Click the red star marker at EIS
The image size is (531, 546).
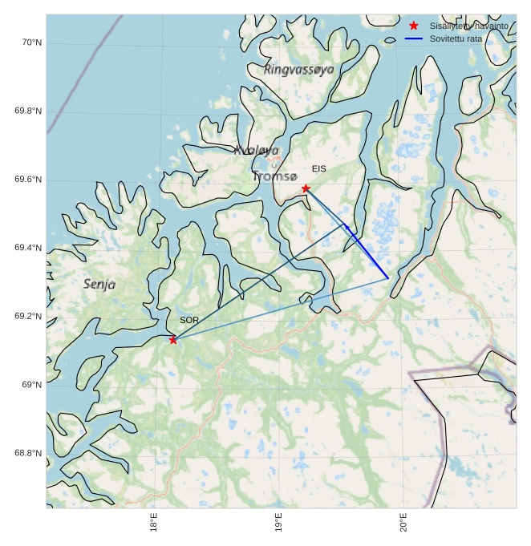coord(306,188)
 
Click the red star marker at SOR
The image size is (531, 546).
coord(173,340)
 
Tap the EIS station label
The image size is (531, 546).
coord(319,169)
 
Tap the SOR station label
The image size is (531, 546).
coord(189,320)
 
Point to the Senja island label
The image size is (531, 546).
coord(99,284)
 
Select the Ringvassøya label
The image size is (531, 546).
coord(298,70)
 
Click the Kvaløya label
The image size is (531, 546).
coord(257,150)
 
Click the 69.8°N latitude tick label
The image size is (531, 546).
coord(28,111)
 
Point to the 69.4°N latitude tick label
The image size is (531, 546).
coord(28,249)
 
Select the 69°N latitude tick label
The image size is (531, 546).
coord(31,385)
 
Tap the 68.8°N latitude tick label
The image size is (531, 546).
coord(28,453)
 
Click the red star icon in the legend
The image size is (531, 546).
coord(414,26)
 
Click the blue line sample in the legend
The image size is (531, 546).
coord(414,38)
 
